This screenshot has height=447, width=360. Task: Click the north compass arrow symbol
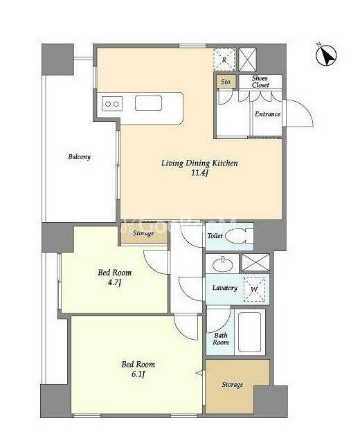(326, 55)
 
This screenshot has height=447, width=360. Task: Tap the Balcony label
(80, 157)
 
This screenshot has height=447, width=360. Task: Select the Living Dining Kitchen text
(199, 163)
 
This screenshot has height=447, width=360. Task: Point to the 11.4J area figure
(199, 173)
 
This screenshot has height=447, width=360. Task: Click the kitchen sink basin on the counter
(148, 103)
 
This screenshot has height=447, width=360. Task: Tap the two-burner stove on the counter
(112, 104)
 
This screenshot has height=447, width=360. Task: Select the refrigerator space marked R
(224, 60)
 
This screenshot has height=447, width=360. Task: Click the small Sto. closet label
(226, 82)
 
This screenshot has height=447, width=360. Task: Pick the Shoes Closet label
(260, 82)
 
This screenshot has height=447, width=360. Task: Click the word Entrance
(267, 114)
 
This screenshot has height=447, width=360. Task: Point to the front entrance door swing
(298, 113)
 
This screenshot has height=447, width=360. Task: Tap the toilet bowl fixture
(238, 236)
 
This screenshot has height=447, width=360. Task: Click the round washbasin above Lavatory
(222, 264)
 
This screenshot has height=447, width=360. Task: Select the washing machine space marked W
(254, 290)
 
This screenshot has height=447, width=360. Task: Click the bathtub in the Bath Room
(250, 332)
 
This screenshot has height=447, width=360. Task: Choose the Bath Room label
(221, 338)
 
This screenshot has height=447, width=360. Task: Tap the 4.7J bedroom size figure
(114, 282)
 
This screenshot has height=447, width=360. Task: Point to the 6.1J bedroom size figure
(138, 374)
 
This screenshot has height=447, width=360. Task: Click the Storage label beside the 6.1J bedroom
(233, 385)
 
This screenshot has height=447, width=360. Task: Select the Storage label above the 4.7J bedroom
(143, 233)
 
